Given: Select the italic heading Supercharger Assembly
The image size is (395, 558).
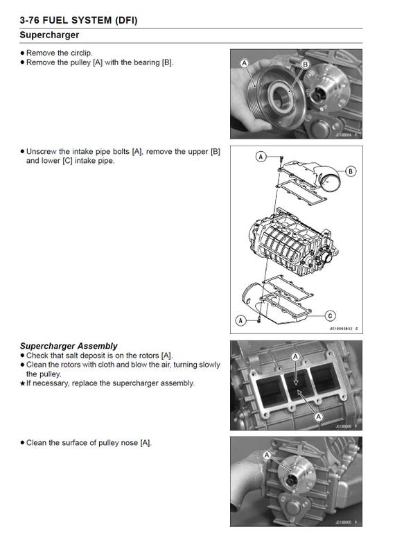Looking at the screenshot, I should pyautogui.click(x=69, y=346).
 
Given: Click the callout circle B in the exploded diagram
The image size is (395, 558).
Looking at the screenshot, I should pyautogui.click(x=351, y=171).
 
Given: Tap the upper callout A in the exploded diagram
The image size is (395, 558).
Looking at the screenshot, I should pyautogui.click(x=261, y=157).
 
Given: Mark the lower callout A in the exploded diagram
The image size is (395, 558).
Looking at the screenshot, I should pyautogui.click(x=240, y=320).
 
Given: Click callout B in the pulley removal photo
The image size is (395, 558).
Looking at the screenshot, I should pyautogui.click(x=304, y=64).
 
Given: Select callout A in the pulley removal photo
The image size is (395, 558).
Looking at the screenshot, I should pyautogui.click(x=244, y=63).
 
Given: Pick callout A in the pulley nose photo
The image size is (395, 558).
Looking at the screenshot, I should pyautogui.click(x=267, y=455).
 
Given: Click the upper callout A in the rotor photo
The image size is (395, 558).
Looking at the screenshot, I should pyautogui.click(x=296, y=356).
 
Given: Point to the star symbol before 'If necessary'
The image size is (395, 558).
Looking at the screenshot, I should pyautogui.click(x=22, y=383).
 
